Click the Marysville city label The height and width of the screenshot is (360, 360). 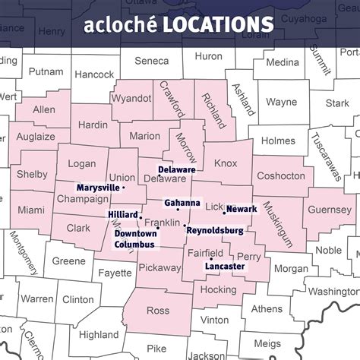tap(98, 187)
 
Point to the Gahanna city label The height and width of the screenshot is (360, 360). tap(182, 203)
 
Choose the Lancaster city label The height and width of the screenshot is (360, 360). tap(225, 267)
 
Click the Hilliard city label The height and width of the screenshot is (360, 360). tap(122, 216)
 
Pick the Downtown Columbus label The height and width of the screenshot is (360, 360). tap(134, 239)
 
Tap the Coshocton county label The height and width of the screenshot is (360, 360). tap(282, 175)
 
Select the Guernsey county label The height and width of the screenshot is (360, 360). tap(331, 210)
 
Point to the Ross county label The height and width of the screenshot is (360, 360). tap(158, 310)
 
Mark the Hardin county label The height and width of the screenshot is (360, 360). tap(92, 125)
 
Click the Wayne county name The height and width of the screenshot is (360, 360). tap(281, 102)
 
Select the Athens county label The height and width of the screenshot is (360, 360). tap(266, 308)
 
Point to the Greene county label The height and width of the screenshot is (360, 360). tap(69, 261)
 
